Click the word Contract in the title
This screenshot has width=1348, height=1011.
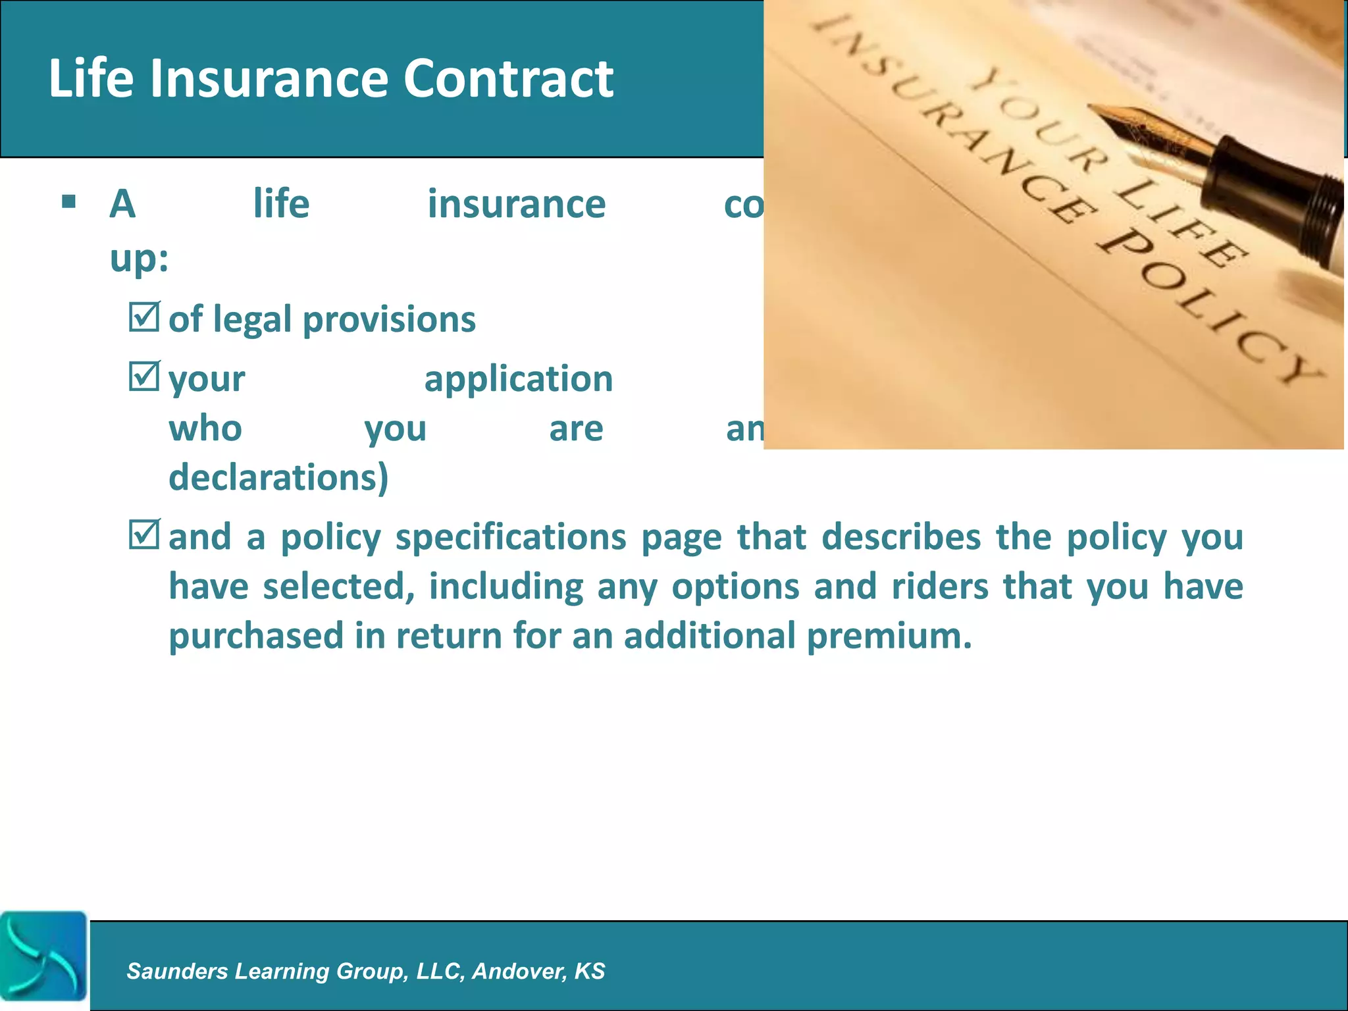[x=508, y=78]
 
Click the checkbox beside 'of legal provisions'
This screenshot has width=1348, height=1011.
[x=143, y=317]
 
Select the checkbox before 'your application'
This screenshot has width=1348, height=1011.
[x=143, y=376]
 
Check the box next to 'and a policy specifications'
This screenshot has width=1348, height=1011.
[x=143, y=534]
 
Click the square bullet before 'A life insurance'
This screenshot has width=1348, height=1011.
[x=68, y=201]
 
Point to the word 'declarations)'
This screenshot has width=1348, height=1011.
[x=278, y=477]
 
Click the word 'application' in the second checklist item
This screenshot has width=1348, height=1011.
[x=519, y=379]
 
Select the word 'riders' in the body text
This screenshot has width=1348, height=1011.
[x=940, y=586]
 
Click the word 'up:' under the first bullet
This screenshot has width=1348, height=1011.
[x=139, y=258]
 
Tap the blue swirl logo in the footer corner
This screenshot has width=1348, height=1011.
[x=43, y=956]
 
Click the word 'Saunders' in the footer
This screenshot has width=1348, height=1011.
[x=177, y=971]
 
